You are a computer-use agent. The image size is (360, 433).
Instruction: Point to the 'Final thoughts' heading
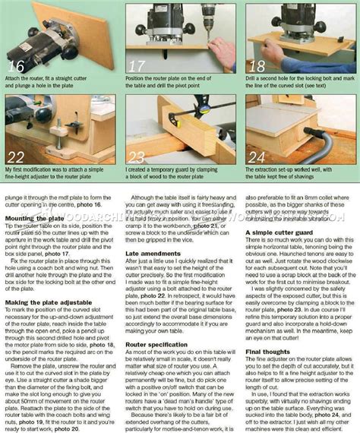(x=267, y=351)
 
